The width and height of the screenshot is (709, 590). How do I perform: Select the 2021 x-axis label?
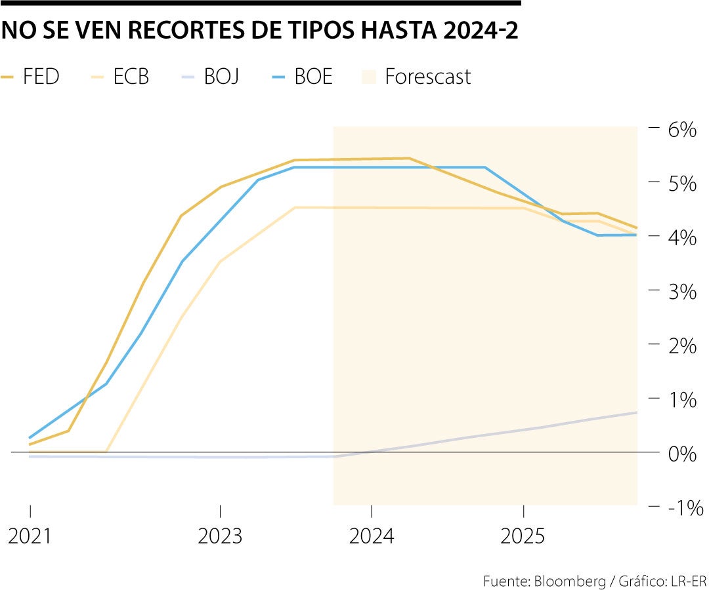(30, 537)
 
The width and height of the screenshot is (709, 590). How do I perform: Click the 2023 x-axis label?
(220, 537)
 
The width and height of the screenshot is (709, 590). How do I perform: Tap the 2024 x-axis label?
(372, 537)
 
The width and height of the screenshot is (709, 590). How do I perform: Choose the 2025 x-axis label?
(523, 537)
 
